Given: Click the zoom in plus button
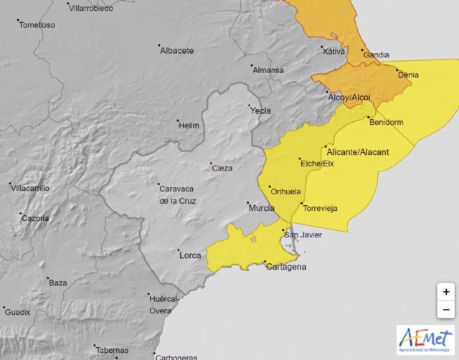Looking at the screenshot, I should [446, 292].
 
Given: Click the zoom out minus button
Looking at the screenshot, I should [446, 310].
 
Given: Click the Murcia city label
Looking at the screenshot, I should [261, 208].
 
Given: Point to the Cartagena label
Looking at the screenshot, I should [287, 267].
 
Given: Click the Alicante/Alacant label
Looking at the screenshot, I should [357, 152].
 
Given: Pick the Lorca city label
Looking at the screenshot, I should [190, 255].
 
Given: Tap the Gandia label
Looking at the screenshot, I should [377, 55].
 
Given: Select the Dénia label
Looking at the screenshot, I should [407, 75].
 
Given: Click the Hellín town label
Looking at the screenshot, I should [188, 125].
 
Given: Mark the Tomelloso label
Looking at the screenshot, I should [37, 24].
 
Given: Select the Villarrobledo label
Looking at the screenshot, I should [93, 7].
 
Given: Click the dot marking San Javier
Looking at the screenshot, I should [282, 229].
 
